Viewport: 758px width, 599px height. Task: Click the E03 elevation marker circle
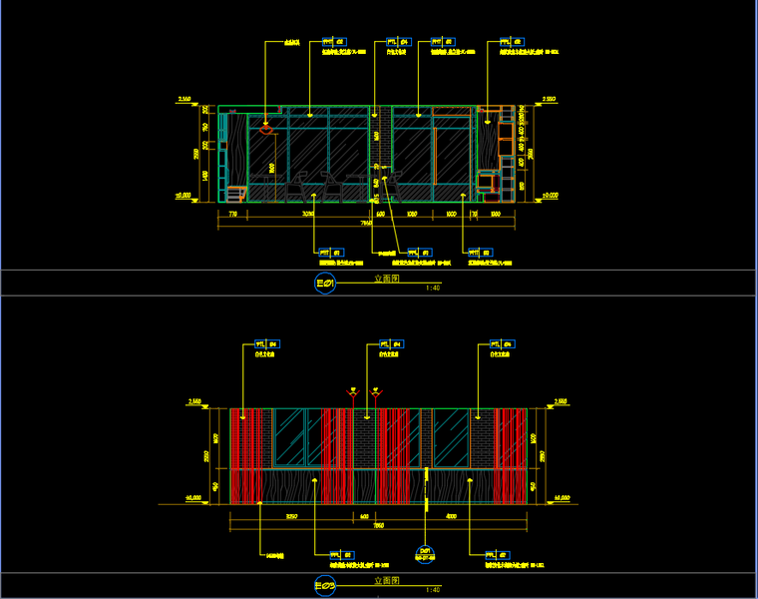[325, 585]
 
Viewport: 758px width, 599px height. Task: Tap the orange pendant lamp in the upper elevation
[266, 128]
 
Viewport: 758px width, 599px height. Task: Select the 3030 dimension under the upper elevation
[307, 214]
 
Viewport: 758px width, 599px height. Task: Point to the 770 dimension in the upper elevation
[231, 214]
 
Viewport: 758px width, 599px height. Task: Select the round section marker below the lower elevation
[425, 552]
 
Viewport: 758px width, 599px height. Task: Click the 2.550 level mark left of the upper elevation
[185, 99]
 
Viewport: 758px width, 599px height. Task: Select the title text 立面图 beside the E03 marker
[386, 580]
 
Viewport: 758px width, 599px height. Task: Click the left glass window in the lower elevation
[290, 436]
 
